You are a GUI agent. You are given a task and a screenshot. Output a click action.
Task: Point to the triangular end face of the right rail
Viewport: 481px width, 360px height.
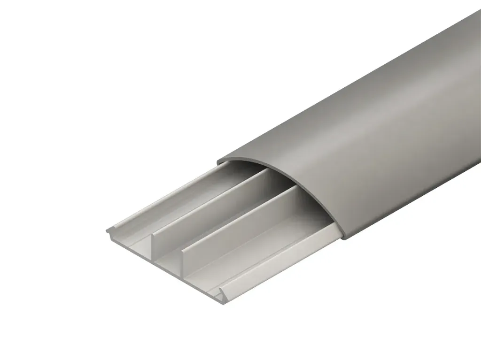pos(219,293)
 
